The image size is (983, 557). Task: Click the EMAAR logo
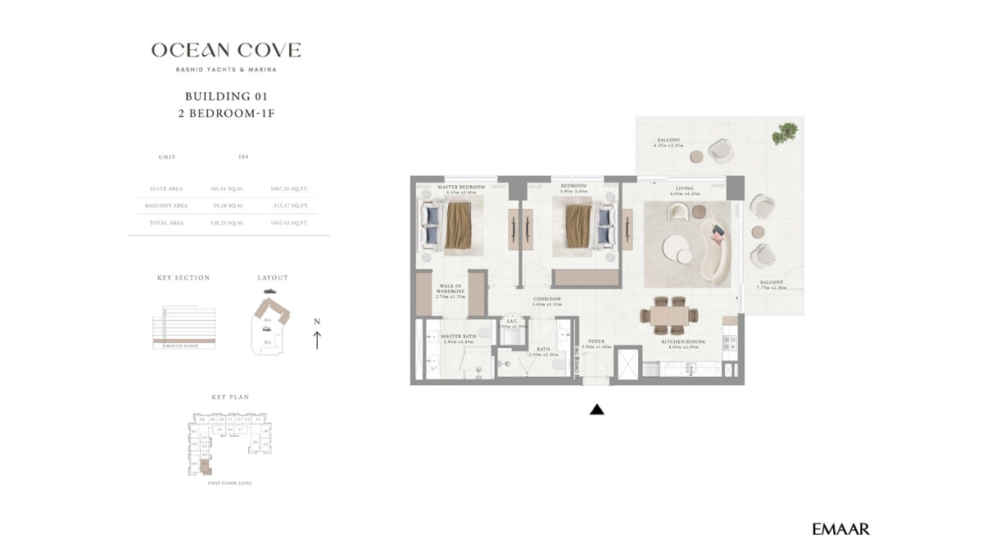click(x=840, y=529)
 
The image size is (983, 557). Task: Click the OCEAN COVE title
click(x=226, y=51)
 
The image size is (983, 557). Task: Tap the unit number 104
click(x=243, y=156)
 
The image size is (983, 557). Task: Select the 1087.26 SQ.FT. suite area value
click(x=289, y=188)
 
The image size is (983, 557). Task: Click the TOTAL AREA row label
click(x=166, y=223)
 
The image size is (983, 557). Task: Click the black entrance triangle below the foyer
click(x=597, y=410)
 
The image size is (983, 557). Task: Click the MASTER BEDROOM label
click(x=461, y=188)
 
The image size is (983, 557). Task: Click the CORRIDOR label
click(x=546, y=300)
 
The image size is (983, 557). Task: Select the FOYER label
click(x=596, y=342)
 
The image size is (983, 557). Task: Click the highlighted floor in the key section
click(x=184, y=340)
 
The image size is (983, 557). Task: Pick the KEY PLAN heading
click(x=230, y=397)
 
